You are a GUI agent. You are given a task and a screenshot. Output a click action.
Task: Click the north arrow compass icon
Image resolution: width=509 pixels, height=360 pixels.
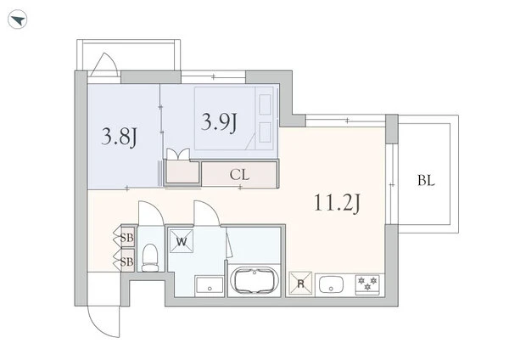pos(18,20)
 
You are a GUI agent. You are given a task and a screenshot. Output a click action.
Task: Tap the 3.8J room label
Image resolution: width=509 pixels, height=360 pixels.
pos(119,137)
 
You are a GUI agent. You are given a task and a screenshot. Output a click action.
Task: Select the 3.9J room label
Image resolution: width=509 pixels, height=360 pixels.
pos(219,122)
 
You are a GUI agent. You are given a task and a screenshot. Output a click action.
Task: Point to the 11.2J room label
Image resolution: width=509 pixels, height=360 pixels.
pos(338,203)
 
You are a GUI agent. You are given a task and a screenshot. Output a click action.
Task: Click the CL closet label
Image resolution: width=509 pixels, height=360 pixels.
pos(239,175)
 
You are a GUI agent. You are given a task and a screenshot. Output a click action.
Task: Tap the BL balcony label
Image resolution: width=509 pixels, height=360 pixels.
pos(426,180)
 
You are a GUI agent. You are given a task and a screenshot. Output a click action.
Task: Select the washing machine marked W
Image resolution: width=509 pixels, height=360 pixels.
pos(182,241)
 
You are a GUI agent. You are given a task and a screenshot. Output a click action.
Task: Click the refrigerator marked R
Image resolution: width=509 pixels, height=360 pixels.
pos(300,284)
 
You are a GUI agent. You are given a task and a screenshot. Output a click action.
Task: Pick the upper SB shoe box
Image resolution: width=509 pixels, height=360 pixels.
pos(127,238)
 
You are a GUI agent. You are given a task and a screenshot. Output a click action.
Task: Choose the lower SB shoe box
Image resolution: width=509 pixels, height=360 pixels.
pos(127,261)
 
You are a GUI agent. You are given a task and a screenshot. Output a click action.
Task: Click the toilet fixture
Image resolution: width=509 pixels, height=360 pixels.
pos(150,258)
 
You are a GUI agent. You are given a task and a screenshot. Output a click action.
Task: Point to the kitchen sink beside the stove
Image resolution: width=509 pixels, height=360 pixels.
pos(331,284)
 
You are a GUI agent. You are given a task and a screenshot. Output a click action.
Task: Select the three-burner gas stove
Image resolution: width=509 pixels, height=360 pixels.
pos(367,284)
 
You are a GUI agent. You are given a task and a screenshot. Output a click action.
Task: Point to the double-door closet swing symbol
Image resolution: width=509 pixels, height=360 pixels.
pos(178,154)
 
